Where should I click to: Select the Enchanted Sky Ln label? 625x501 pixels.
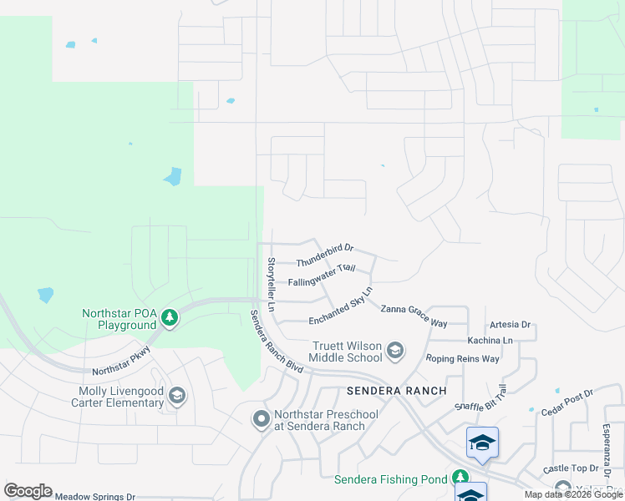coord(340,310)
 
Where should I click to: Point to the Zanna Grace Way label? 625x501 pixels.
coord(414,316)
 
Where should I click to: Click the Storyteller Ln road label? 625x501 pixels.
coord(271,285)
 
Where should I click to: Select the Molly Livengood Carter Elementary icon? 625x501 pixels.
coord(176,396)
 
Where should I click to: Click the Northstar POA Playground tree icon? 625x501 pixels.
coord(170,317)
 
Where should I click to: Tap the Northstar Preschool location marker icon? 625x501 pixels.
coord(262,419)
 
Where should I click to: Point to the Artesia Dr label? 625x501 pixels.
coord(510,324)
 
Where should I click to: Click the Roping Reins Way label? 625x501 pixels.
coord(462,358)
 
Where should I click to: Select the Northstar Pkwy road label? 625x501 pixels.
coord(121,360)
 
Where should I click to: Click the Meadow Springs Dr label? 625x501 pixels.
coord(94,496)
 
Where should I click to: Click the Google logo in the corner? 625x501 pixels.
coord(28,491)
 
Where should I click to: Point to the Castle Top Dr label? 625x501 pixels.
coord(567,470)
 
